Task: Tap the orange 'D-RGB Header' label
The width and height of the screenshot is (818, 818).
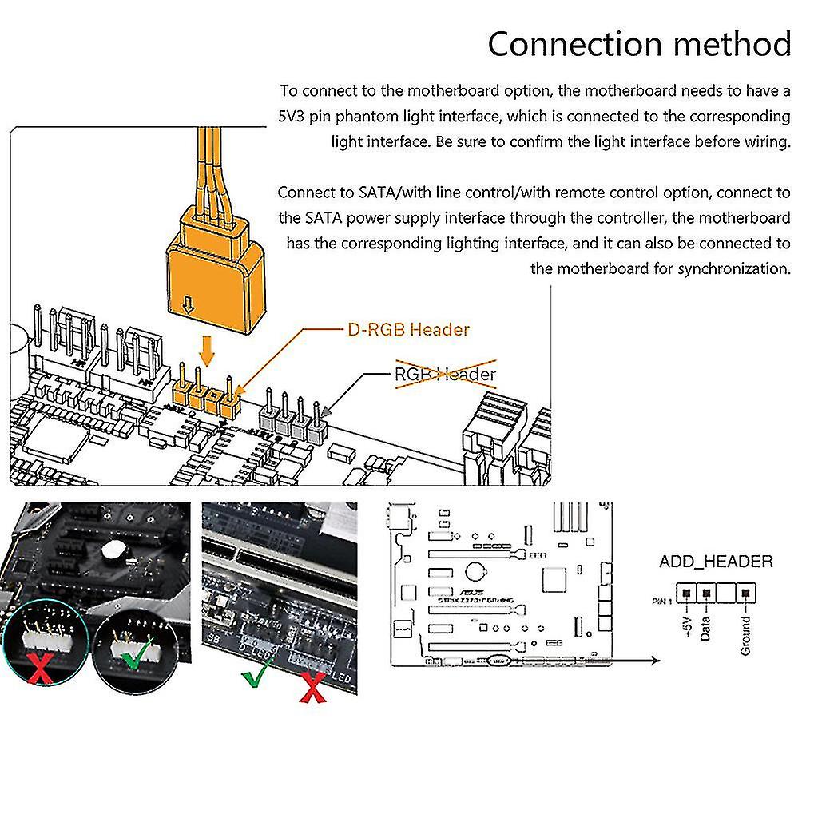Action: point(408,329)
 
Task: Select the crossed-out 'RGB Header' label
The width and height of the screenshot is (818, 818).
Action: point(446,374)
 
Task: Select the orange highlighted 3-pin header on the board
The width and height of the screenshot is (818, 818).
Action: point(206,396)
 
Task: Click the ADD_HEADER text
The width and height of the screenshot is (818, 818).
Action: point(716,562)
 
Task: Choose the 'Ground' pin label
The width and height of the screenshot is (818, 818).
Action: point(745,635)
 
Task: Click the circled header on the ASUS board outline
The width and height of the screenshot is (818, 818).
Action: point(498,661)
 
